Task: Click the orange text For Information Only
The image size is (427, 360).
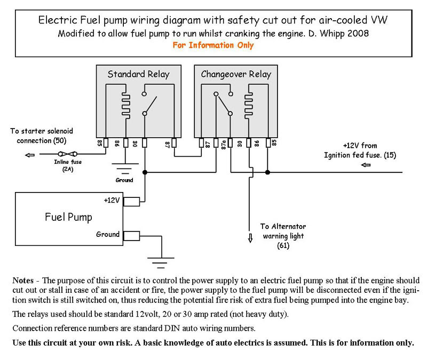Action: pos(213,45)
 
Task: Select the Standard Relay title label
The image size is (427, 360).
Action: pos(138,74)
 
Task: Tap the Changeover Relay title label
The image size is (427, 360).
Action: pos(236,74)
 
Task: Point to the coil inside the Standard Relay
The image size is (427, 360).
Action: pos(126,106)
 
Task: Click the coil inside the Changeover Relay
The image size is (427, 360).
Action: pos(249,106)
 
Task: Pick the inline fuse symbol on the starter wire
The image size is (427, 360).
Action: pos(68,154)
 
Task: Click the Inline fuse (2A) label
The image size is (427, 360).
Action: pos(68,165)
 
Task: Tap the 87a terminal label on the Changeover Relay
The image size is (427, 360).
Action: pos(223,145)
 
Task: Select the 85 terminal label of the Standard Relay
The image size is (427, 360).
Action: pos(100,143)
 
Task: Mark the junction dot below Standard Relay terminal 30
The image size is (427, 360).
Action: pos(145,172)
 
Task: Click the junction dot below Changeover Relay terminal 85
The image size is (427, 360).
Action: pos(268,172)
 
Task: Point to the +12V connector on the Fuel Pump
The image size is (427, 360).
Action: pos(131,202)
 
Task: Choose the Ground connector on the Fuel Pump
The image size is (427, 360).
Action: pos(131,236)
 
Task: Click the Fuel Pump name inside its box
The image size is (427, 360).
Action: pos(68,217)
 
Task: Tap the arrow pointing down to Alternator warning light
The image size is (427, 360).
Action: pos(250,238)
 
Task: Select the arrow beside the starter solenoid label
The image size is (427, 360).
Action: pos(30,155)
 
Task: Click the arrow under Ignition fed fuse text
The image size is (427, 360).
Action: pos(366,165)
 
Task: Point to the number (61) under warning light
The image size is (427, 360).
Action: pos(283,246)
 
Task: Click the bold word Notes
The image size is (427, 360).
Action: pos(23,281)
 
